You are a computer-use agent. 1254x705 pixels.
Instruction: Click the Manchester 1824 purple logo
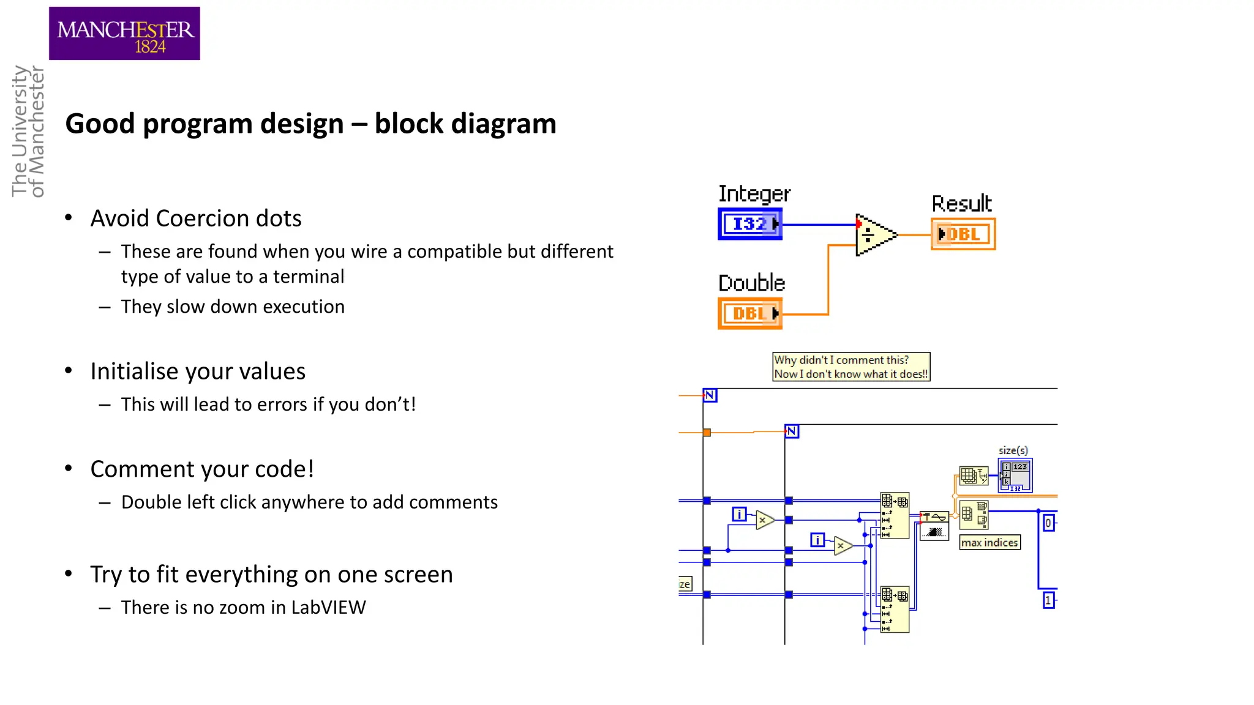pos(124,34)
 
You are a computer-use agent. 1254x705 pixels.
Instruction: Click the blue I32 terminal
pos(749,224)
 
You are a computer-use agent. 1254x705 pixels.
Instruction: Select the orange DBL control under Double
pos(749,313)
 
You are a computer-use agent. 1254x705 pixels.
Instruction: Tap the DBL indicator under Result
pos(963,234)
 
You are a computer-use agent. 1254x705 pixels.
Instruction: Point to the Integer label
pos(754,194)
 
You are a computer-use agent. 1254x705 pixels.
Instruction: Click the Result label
pos(961,203)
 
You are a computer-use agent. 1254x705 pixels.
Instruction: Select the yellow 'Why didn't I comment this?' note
pos(851,367)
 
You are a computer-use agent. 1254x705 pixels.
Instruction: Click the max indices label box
pos(989,542)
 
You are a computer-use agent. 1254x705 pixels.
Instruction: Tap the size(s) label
pos(1013,450)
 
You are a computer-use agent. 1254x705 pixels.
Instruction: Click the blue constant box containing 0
pos(1048,523)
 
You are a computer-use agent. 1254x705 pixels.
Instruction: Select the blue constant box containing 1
pos(1048,600)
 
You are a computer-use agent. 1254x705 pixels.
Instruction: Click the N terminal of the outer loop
pos(710,395)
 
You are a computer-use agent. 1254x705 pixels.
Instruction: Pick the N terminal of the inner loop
pos(792,431)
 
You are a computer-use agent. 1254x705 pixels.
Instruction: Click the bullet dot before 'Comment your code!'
pos(69,469)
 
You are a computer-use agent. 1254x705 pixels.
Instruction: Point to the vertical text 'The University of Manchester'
pos(28,131)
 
